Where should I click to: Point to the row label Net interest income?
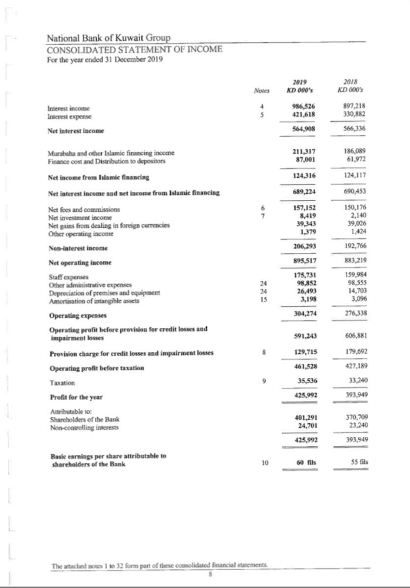coord(76,131)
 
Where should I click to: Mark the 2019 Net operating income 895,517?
coord(304,260)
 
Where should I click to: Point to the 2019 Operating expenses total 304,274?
coord(304,313)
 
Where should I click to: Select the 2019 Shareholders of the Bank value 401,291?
coord(304,418)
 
